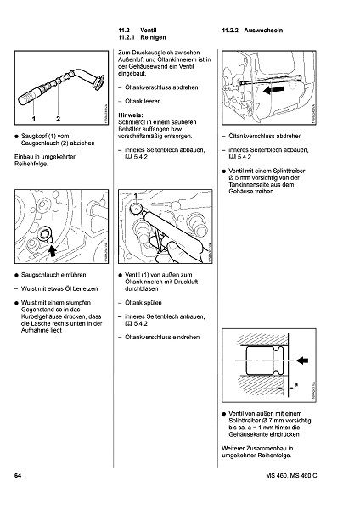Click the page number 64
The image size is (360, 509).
[x=18, y=476]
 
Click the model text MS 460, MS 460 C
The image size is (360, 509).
[x=291, y=476]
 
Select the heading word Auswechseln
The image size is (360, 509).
[x=263, y=31]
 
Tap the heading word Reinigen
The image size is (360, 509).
[x=154, y=37]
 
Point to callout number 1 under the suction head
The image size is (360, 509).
[x=33, y=119]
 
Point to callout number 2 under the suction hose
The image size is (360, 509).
[x=58, y=119]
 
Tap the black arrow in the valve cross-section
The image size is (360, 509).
[x=302, y=361]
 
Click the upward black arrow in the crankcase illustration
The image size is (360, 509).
[x=53, y=250]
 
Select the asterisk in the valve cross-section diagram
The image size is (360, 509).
[x=296, y=385]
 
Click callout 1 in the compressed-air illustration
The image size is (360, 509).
[x=136, y=195]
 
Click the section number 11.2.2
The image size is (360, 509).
[x=230, y=31]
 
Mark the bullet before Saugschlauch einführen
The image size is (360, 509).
[x=16, y=275]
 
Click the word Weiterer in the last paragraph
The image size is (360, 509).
[x=233, y=449]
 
